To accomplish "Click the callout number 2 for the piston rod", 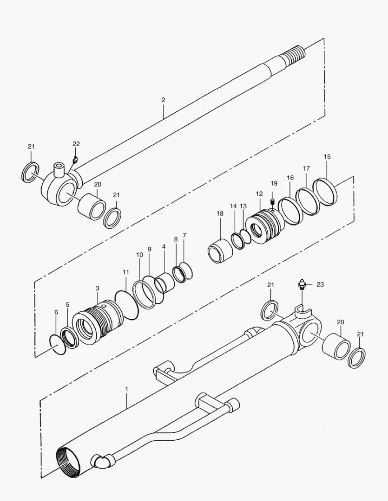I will point(164,100).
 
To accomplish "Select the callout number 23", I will point(321,284).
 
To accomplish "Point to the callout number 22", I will point(76,144).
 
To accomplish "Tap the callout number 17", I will point(306,168).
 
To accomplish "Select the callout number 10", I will point(139,255).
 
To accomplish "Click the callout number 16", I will point(290,178).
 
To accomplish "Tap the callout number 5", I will point(67,305).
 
